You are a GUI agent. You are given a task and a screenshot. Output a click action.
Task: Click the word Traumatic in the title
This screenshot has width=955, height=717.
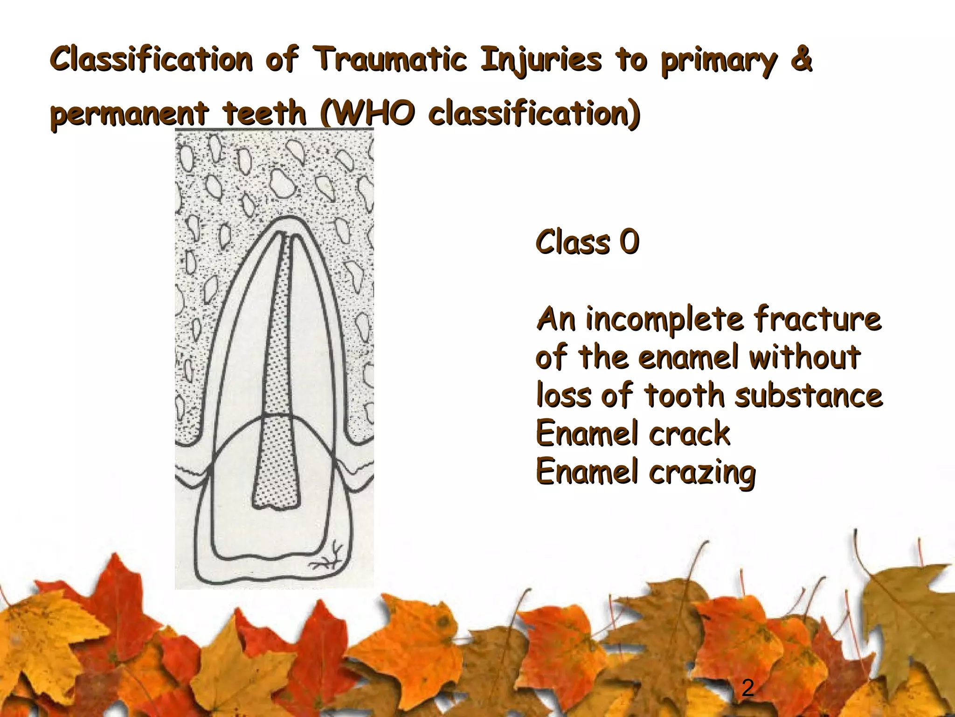(390, 60)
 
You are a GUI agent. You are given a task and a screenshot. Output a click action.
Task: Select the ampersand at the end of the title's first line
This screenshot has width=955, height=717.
(801, 60)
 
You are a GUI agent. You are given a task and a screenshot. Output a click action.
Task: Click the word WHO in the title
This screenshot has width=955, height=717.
(373, 113)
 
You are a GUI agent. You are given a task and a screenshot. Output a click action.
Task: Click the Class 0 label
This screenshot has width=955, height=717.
(587, 242)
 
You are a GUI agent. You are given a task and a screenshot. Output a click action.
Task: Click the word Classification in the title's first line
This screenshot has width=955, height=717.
(151, 60)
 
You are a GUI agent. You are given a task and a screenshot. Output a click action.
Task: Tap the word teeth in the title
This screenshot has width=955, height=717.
(264, 114)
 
